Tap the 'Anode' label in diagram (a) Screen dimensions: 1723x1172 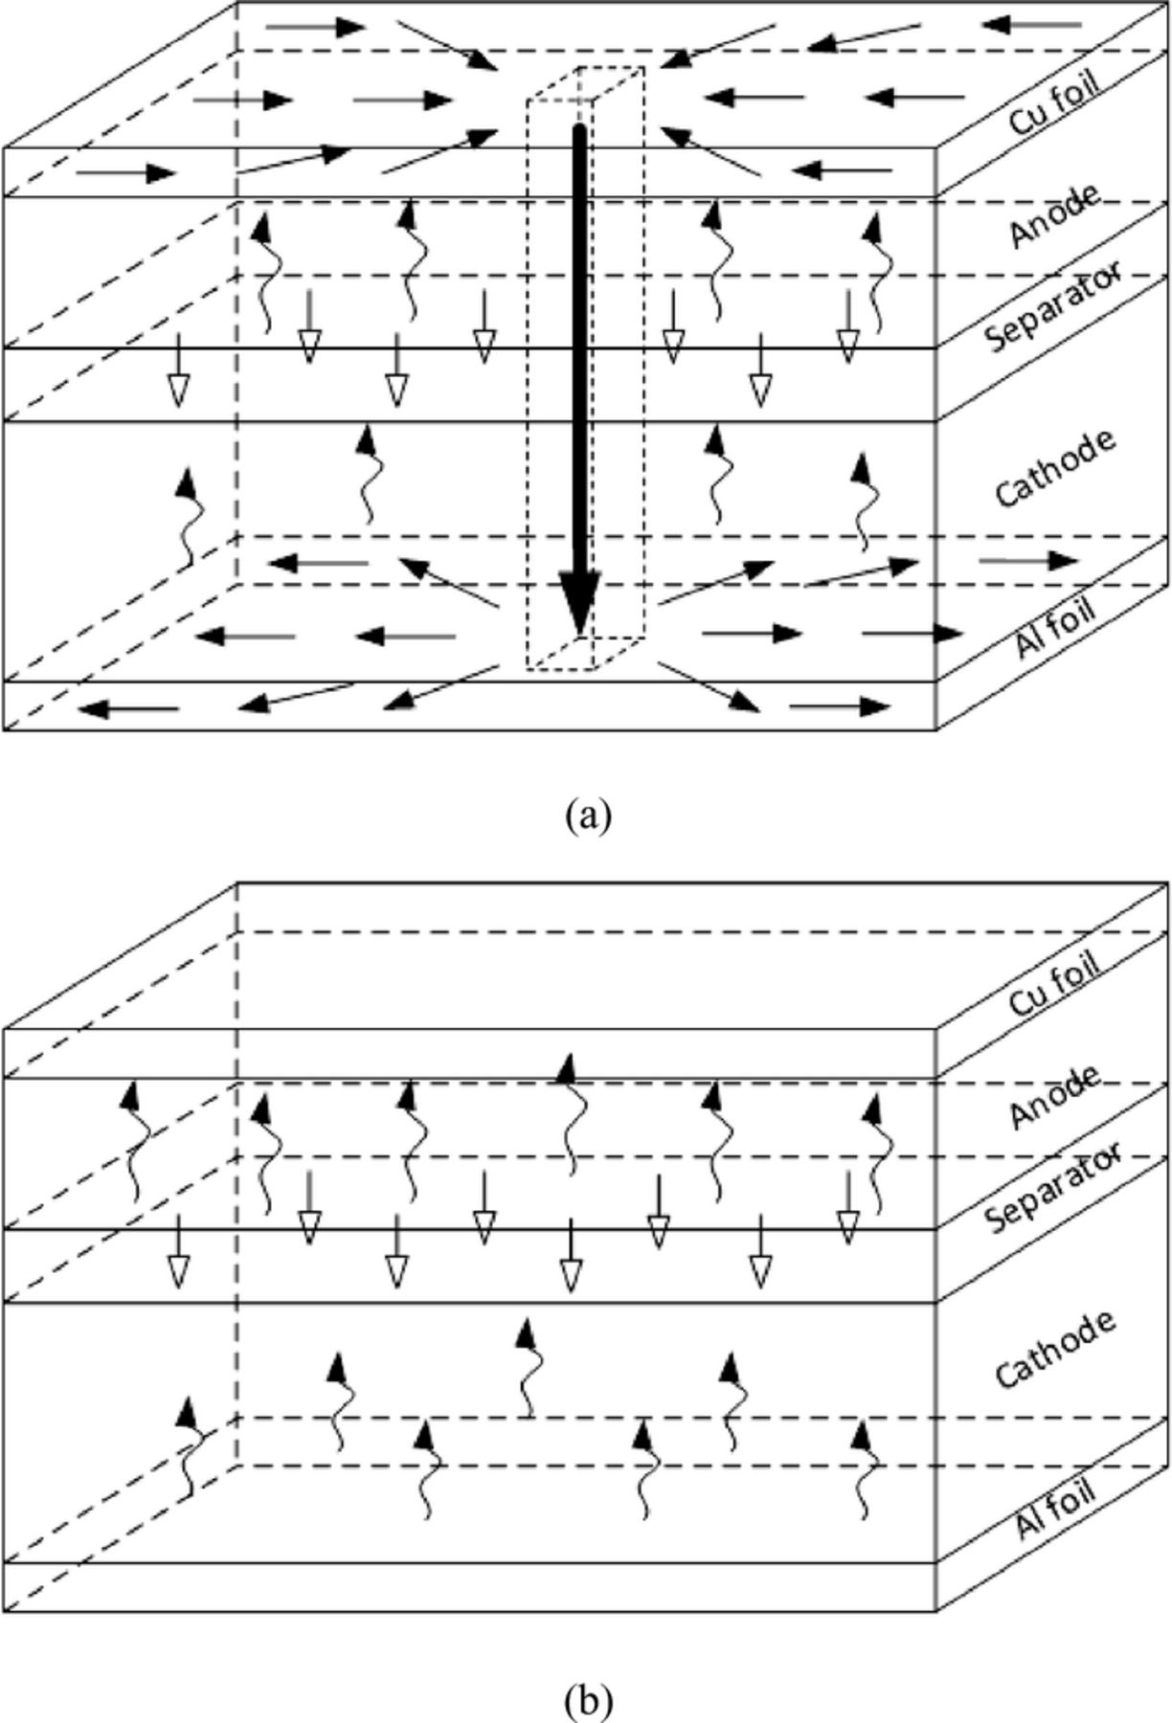tap(1053, 216)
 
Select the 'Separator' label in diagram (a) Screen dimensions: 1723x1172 tap(1053, 306)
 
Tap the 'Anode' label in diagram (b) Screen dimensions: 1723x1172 tap(1053, 1097)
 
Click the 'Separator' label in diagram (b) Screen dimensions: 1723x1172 tap(1053, 1187)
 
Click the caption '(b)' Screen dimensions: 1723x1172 tap(587, 1697)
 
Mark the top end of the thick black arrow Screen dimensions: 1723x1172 tap(578, 129)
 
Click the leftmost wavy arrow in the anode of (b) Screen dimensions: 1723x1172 tap(135, 1139)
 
